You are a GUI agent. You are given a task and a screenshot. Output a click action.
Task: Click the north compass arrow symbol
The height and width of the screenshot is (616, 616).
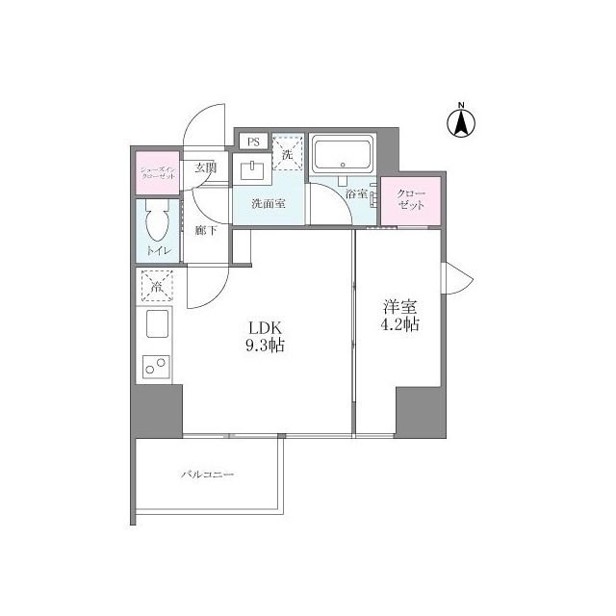(x=461, y=121)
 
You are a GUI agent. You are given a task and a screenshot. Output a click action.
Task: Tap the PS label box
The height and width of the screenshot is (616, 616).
(x=254, y=141)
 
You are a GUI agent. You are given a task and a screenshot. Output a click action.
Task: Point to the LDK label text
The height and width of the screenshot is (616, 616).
(x=267, y=326)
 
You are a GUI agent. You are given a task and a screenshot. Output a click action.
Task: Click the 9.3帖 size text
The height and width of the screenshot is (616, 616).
(x=267, y=346)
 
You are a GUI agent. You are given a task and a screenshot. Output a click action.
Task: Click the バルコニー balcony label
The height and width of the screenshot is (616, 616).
(x=207, y=475)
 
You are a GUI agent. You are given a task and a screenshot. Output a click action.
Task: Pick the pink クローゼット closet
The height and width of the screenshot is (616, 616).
(x=411, y=202)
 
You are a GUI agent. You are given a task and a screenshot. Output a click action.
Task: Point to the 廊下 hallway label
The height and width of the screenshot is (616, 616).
(x=204, y=230)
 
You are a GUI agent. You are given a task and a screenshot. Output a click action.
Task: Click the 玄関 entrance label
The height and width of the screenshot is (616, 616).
(x=205, y=167)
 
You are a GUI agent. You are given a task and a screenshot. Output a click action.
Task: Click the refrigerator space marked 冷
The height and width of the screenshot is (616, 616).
(x=156, y=286)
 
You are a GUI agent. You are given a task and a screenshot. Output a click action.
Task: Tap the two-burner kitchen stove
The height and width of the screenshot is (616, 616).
(x=156, y=367)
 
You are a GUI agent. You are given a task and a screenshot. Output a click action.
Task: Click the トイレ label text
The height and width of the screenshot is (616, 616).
(x=157, y=251)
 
